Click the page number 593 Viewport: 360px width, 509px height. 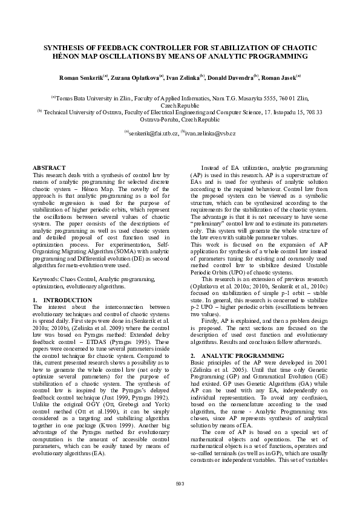(x=180, y=483)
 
